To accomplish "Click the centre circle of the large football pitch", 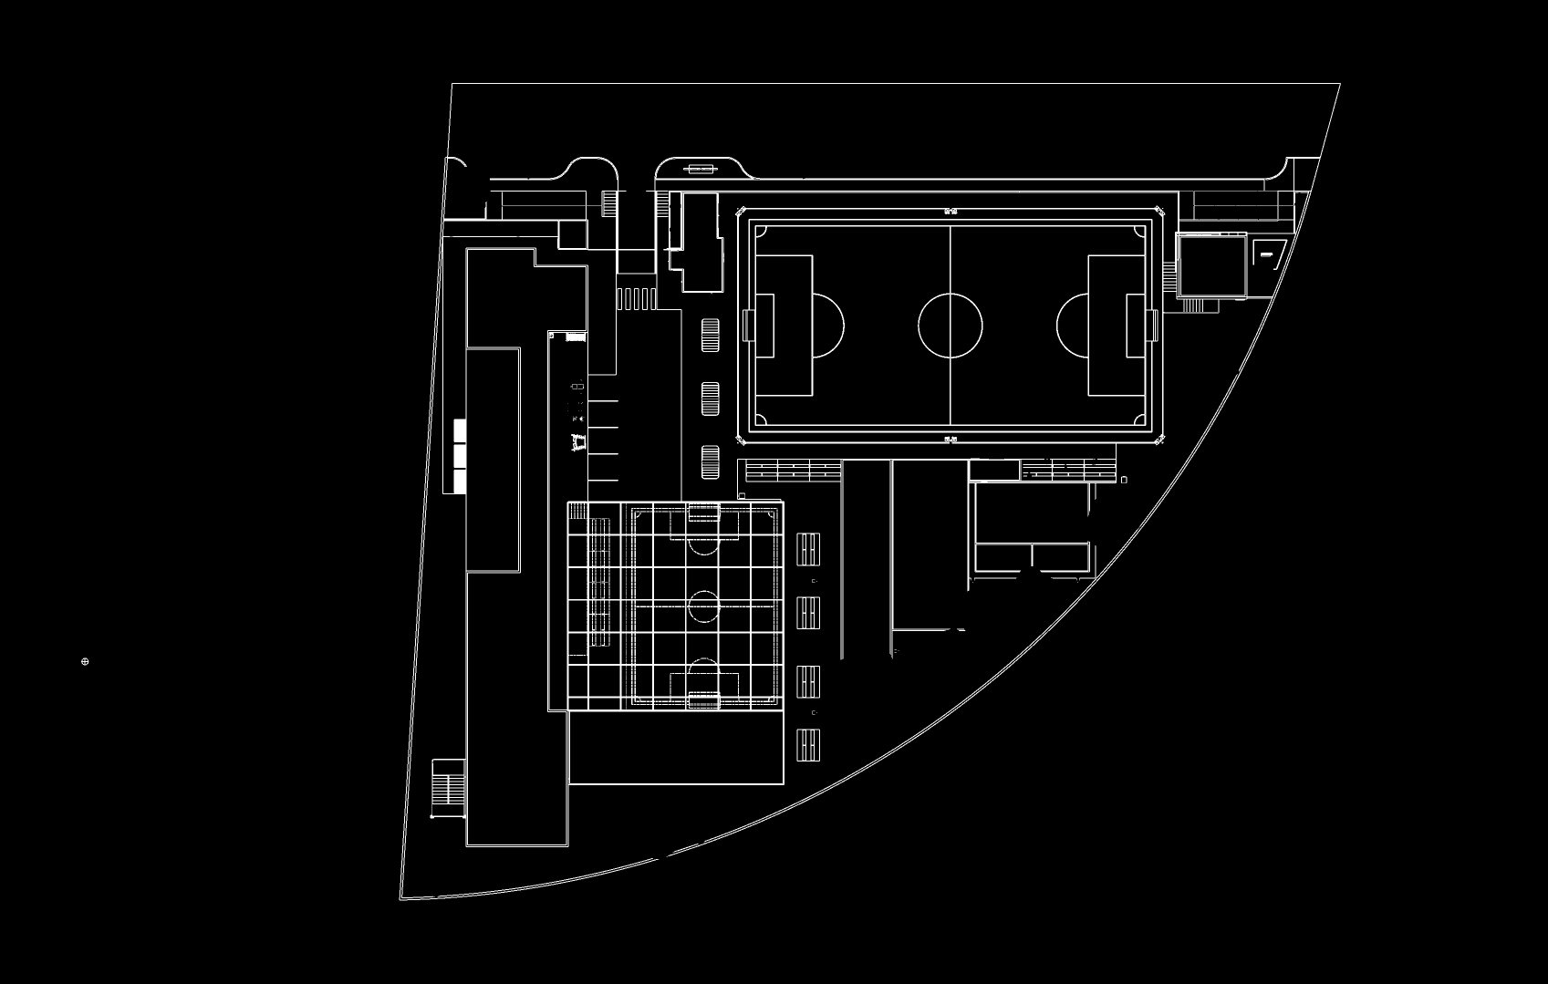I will click(x=951, y=326).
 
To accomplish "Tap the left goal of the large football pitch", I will click(x=749, y=326).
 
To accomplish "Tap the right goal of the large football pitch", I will click(x=1153, y=326).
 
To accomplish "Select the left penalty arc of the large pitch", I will click(x=829, y=326).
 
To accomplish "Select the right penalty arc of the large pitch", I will click(x=1072, y=326).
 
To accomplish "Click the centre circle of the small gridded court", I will click(x=704, y=605).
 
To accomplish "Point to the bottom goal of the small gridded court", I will click(x=703, y=699).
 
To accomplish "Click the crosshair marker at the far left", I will click(x=86, y=661).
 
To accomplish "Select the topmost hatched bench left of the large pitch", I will click(x=710, y=335).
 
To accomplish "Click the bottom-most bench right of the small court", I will click(x=808, y=746).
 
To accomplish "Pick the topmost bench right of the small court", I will click(x=808, y=550).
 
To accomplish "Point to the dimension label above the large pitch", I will click(x=951, y=211).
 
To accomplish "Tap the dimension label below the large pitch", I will click(x=951, y=440).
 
